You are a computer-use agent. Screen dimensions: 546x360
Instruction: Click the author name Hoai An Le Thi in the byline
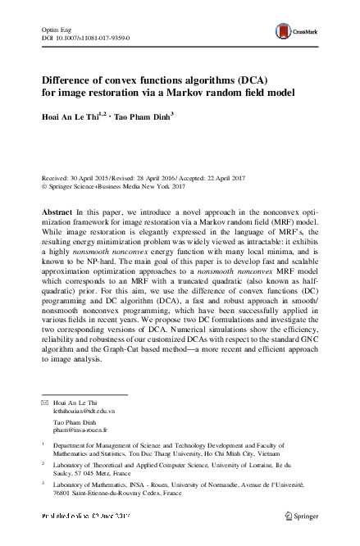[71, 116]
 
